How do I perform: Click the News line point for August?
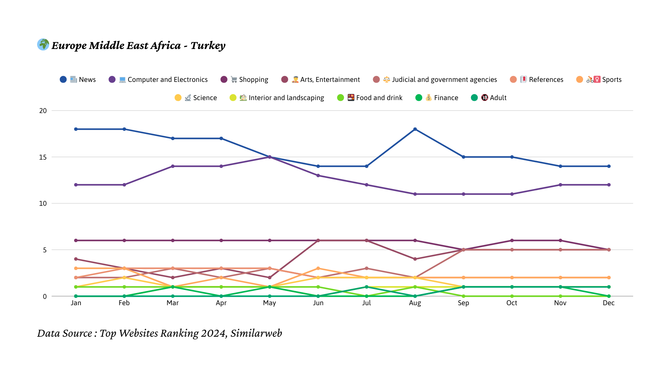415,129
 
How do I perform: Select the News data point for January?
76,129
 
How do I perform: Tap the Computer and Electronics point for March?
173,166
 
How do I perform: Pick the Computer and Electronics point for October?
512,194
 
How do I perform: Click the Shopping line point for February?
124,240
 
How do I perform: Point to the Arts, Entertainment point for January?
76,259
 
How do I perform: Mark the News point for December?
609,166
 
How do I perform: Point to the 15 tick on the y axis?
43,157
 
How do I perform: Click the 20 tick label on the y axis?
43,111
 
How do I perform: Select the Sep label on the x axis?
463,303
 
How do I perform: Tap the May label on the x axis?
269,303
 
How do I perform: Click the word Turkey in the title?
208,45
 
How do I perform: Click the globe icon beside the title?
43,44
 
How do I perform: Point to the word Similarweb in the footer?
256,333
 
